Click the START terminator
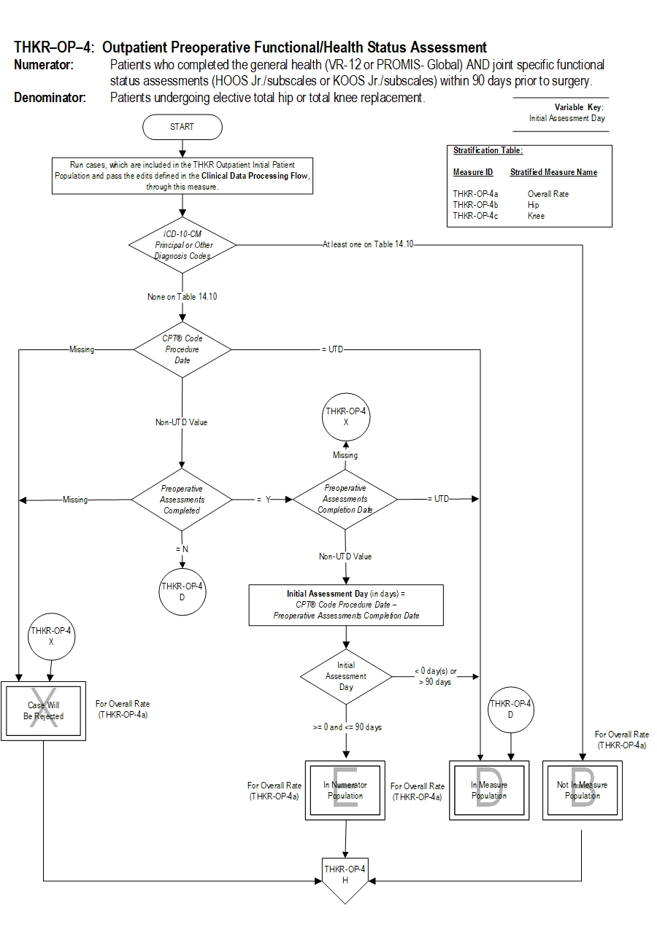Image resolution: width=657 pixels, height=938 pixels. [182, 127]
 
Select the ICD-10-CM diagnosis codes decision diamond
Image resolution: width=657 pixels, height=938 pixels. [182, 245]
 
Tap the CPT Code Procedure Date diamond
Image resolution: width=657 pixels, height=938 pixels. [182, 349]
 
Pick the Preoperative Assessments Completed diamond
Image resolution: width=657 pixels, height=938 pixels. [182, 500]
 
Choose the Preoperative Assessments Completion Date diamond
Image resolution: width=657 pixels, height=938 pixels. [345, 499]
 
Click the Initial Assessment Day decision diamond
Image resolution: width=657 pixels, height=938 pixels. [346, 676]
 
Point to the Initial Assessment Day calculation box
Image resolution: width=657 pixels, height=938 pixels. [346, 605]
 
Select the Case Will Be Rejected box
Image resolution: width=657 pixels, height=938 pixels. [45, 710]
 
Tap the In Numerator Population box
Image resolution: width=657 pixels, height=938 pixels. [345, 791]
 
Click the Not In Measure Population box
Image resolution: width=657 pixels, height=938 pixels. [582, 791]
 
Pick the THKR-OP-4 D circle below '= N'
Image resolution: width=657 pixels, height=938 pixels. [182, 590]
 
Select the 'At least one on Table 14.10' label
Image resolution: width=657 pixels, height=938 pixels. [368, 245]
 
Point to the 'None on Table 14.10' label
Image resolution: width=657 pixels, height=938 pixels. [182, 297]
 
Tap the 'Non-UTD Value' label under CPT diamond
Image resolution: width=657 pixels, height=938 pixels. [181, 422]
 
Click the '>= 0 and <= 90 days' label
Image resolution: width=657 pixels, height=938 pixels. [347, 727]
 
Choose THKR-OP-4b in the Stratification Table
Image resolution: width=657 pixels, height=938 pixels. [475, 205]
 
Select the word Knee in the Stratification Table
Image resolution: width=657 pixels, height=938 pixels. [536, 216]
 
